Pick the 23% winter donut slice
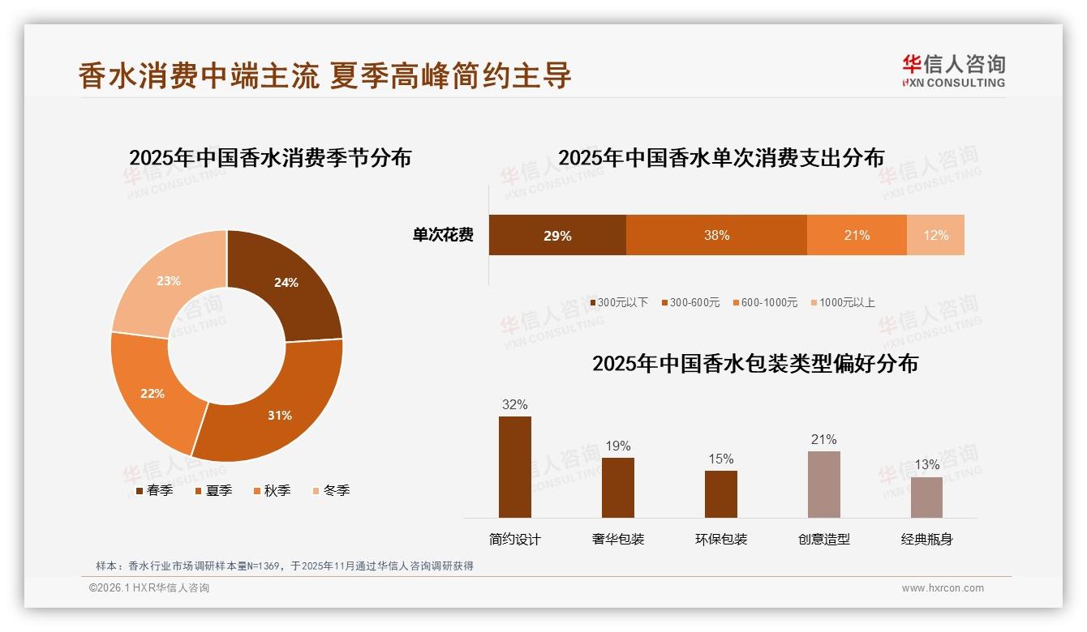click(x=168, y=281)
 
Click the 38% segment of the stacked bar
click(x=716, y=235)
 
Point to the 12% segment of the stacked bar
click(x=935, y=235)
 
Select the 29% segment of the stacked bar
click(x=557, y=235)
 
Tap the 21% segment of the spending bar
click(x=857, y=235)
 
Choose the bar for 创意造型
click(x=823, y=485)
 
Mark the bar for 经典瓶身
click(x=926, y=497)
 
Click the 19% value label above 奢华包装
click(x=617, y=446)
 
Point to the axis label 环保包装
click(x=721, y=539)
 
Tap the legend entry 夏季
click(x=214, y=490)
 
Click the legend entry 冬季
click(x=331, y=490)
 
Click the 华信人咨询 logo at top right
click(x=953, y=70)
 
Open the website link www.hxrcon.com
click(x=943, y=588)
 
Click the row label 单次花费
click(x=443, y=235)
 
